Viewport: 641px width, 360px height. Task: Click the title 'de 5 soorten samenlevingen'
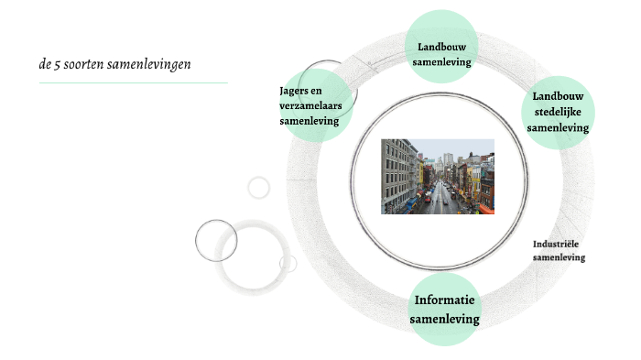tap(114, 64)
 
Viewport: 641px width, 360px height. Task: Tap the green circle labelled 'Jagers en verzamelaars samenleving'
tap(314, 105)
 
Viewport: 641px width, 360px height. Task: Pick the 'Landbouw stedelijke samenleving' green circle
tap(558, 113)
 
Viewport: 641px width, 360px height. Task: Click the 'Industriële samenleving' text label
tap(559, 251)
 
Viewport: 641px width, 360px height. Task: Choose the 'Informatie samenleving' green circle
tap(444, 310)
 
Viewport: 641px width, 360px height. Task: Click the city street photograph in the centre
tap(438, 177)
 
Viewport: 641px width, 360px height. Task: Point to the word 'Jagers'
tap(297, 90)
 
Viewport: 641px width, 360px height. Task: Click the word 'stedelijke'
tap(558, 113)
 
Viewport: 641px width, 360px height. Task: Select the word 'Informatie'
tap(444, 300)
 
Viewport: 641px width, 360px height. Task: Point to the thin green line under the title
tap(133, 83)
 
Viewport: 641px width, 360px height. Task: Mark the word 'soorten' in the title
tap(89, 64)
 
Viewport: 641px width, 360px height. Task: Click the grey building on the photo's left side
tap(396, 174)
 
